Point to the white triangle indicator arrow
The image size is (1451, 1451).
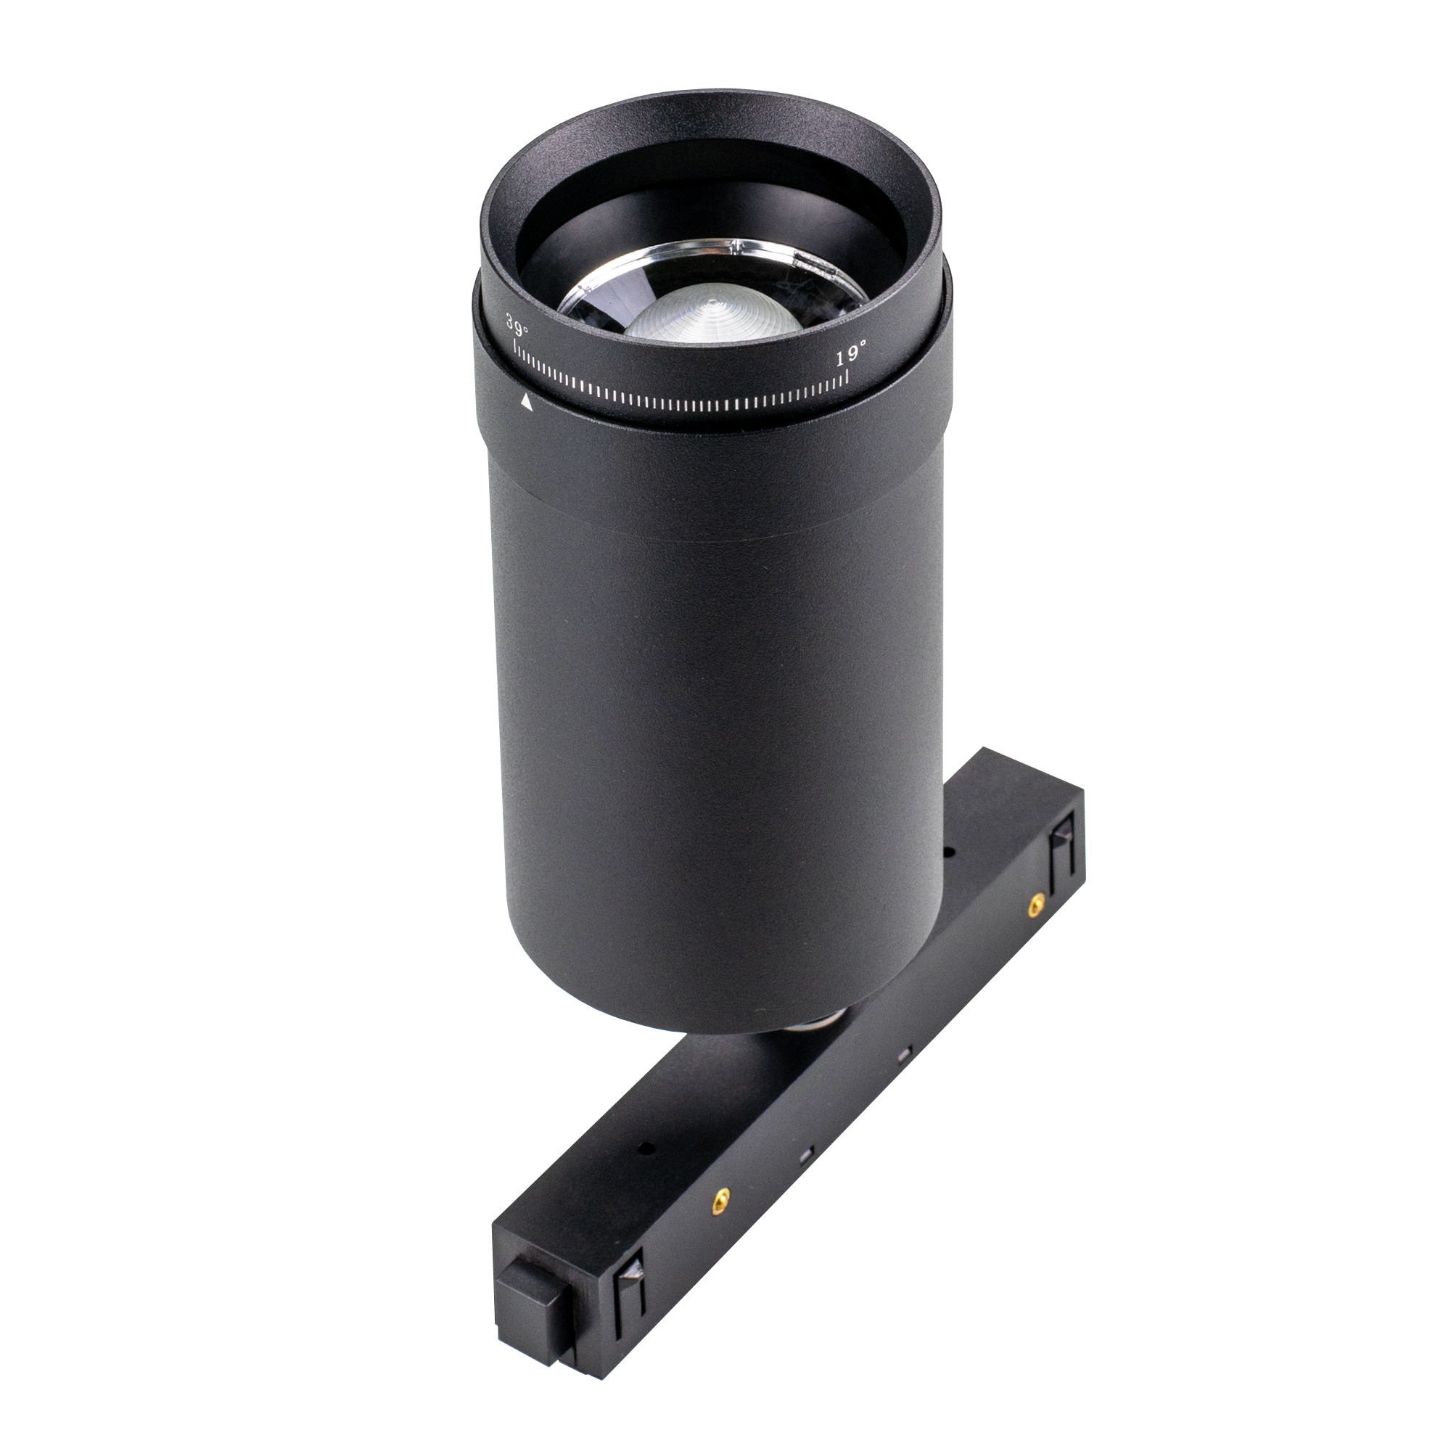527,403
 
